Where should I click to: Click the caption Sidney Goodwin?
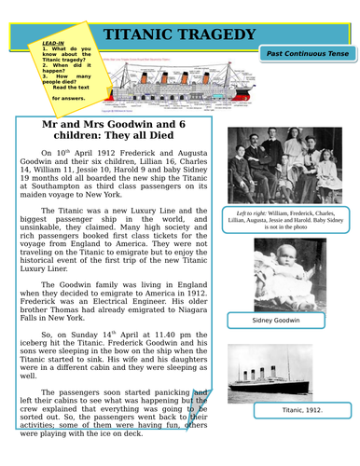click(276, 321)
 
